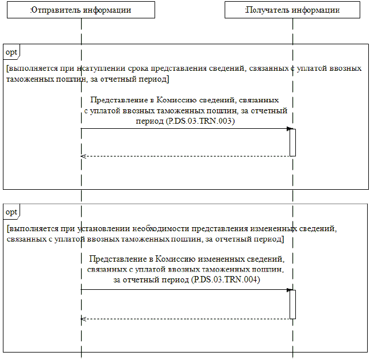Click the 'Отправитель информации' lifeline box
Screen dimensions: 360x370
(81, 10)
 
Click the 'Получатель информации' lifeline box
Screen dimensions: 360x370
(292, 10)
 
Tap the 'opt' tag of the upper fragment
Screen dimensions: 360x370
(11, 52)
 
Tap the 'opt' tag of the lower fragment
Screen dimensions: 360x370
(11, 212)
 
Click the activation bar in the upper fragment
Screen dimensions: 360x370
(292, 142)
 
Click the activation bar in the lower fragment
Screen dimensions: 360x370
(292, 304)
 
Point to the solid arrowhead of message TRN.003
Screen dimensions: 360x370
(290, 129)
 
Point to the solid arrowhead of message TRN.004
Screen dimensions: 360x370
(290, 290)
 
